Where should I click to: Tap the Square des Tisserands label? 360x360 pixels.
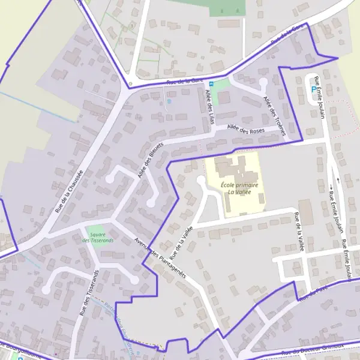(97, 238)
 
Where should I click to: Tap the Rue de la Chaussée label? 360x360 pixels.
(68, 191)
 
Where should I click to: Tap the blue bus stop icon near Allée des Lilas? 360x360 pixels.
(211, 85)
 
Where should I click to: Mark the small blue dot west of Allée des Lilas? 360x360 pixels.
(169, 101)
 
